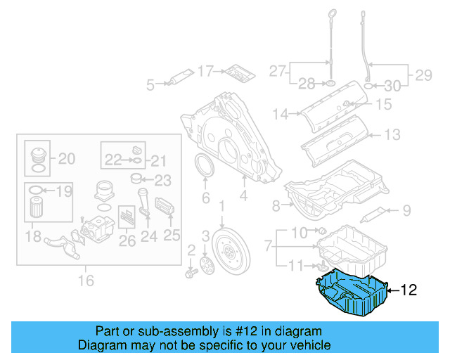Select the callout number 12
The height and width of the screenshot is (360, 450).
click(x=409, y=289)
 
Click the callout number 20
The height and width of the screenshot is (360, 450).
click(x=66, y=159)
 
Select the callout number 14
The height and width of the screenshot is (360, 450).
click(x=281, y=113)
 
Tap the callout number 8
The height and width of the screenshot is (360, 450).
click(x=276, y=205)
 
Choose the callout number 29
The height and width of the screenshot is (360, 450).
click(x=423, y=74)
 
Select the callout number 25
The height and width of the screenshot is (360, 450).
click(x=172, y=236)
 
